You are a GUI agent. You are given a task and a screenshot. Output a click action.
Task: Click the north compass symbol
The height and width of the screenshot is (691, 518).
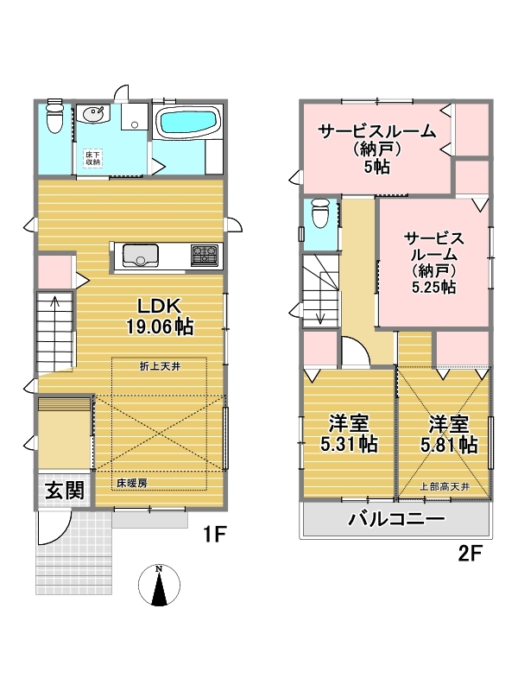159,586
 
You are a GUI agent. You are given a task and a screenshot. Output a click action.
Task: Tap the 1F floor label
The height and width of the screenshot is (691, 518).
214,535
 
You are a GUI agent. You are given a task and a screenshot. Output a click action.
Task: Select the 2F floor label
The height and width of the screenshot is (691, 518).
470,553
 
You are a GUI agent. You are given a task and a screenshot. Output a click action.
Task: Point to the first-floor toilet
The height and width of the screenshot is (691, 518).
54,117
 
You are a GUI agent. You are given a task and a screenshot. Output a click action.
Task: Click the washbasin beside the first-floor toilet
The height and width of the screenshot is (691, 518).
92,114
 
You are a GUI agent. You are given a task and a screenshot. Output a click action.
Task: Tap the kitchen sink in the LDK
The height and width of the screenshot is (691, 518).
141,256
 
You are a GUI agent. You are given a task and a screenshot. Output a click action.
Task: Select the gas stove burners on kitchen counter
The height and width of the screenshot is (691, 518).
205,255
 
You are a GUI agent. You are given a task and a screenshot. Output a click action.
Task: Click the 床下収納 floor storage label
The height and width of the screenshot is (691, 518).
92,159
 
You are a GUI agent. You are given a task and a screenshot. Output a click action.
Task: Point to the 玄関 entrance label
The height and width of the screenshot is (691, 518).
65,491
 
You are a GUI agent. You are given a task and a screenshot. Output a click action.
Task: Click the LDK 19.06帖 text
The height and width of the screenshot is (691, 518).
160,317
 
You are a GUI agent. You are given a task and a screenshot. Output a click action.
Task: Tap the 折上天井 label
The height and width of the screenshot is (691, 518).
160,366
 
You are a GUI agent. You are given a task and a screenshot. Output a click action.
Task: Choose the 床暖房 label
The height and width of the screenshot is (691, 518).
132,483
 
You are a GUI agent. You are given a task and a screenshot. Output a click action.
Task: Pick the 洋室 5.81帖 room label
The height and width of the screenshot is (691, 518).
449,434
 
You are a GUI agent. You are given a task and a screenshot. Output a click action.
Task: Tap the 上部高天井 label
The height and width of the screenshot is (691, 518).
444,487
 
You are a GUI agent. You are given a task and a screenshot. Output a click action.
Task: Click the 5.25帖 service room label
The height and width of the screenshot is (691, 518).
434,263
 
